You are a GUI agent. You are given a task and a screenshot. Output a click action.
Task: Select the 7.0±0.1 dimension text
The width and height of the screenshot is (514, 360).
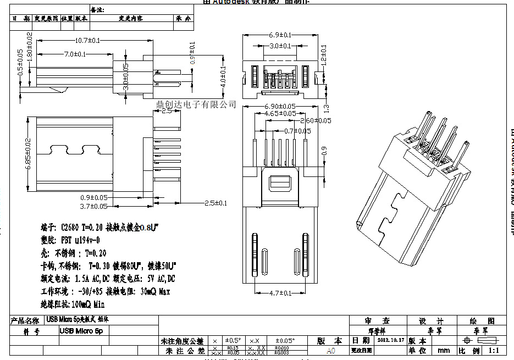pyautogui.click(x=75, y=54)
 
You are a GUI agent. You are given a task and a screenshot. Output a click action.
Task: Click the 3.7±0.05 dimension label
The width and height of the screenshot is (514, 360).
pyautogui.click(x=94, y=207)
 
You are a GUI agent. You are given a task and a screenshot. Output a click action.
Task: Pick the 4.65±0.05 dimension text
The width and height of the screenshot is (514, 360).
pyautogui.click(x=279, y=113)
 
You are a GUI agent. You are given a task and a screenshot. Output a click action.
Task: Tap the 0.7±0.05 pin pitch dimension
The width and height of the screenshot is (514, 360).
pyautogui.click(x=297, y=131)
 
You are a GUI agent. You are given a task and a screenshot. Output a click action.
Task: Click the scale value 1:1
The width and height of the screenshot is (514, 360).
pyautogui.click(x=493, y=350)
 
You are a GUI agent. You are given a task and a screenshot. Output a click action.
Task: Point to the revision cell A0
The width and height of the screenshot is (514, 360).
pyautogui.click(x=330, y=350)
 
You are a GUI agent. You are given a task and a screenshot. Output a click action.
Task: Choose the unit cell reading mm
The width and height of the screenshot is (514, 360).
pyautogui.click(x=443, y=350)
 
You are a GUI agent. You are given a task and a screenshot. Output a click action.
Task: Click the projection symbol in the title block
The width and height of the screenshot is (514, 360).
pyautogui.click(x=476, y=340)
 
